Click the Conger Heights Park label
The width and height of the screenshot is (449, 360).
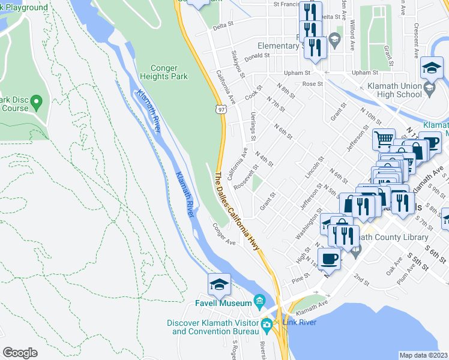pos(164,72)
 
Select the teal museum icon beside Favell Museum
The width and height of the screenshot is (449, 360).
pos(259,300)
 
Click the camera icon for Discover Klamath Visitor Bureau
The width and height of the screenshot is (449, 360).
pos(267,326)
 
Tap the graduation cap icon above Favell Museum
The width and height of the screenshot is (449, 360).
pos(219,284)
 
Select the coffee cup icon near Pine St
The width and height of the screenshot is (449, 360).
pos(328,258)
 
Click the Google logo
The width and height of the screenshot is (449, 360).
pos(20,352)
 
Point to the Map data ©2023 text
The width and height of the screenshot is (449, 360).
pos(424,355)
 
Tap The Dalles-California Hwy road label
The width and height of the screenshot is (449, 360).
pos(240,210)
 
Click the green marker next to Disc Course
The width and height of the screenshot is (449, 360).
pos(36,101)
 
